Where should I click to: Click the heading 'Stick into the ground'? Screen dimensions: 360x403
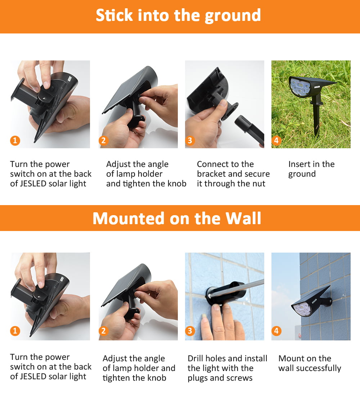coord(178,15)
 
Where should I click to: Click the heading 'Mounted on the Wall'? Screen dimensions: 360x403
coord(177,218)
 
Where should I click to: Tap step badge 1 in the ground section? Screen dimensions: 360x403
coord(15,141)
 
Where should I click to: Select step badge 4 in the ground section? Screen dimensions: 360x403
coord(276,141)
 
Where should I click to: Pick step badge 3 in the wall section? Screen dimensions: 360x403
coord(190,331)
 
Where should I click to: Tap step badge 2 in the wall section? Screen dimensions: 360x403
coord(104,331)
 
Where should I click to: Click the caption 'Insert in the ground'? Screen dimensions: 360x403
coord(311,169)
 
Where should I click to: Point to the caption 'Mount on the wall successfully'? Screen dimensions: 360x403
coord(310,363)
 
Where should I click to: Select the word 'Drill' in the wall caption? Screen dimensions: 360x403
coord(195,358)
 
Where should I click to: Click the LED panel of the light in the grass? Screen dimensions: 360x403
coord(300,86)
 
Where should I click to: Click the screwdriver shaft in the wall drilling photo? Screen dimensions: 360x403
coord(237,288)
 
